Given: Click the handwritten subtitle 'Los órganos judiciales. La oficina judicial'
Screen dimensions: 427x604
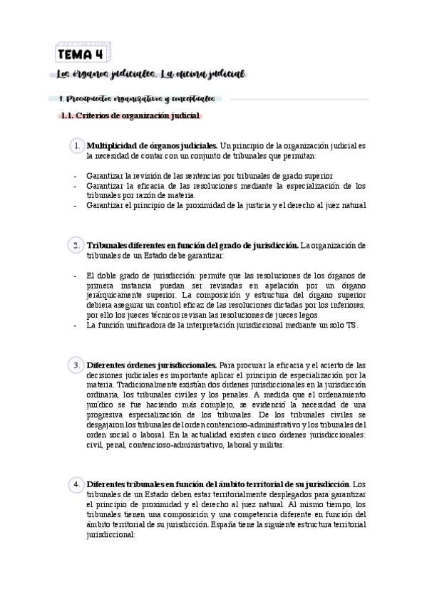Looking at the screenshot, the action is pyautogui.click(x=150, y=74).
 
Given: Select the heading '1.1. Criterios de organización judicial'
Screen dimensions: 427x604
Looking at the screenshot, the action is pyautogui.click(x=130, y=116).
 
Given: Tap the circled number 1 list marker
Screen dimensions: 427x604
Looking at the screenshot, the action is pyautogui.click(x=76, y=146).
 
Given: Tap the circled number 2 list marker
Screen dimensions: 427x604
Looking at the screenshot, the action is pyautogui.click(x=76, y=245).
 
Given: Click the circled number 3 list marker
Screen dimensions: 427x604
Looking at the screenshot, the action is pyautogui.click(x=76, y=365).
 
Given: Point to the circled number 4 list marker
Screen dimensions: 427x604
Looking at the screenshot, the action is pyautogui.click(x=76, y=484).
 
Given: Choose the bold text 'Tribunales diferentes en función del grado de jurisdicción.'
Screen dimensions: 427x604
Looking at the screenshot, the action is pyautogui.click(x=192, y=245).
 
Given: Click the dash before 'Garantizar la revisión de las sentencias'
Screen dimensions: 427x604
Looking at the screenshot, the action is pyautogui.click(x=75, y=175).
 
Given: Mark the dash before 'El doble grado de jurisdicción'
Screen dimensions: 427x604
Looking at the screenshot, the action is pyautogui.click(x=75, y=275).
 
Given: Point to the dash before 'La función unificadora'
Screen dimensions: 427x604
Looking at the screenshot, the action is pyautogui.click(x=75, y=325).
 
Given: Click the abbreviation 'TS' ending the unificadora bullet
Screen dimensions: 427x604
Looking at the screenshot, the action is pyautogui.click(x=351, y=325).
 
